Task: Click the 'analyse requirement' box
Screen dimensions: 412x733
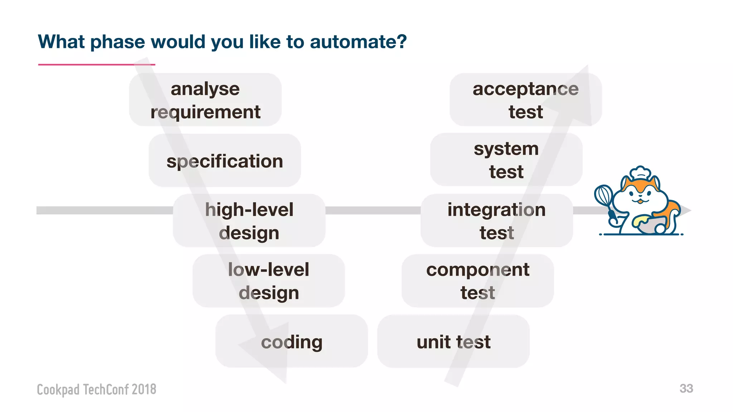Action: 205,100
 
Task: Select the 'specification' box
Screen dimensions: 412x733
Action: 225,161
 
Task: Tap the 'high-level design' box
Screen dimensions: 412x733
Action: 249,221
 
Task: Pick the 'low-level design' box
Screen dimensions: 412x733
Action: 269,281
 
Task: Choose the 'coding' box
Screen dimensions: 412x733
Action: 292,341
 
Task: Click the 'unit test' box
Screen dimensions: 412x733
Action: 453,341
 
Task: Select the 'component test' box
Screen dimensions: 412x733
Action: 478,281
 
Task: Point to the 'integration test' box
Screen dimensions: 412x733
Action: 497,221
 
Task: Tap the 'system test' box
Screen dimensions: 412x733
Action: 506,160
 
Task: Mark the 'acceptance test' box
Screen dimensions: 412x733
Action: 526,100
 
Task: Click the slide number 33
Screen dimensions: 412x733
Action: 686,388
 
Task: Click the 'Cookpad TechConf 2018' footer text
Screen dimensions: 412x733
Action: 97,389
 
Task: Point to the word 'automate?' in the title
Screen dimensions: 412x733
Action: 358,42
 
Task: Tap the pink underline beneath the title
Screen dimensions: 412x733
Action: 97,65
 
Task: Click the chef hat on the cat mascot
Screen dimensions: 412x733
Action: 640,173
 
